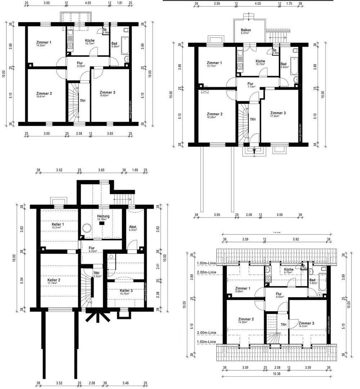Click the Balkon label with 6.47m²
(246, 30)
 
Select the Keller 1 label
(57, 224)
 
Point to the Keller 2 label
(54, 280)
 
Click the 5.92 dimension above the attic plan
(296, 239)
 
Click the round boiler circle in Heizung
(86, 228)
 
